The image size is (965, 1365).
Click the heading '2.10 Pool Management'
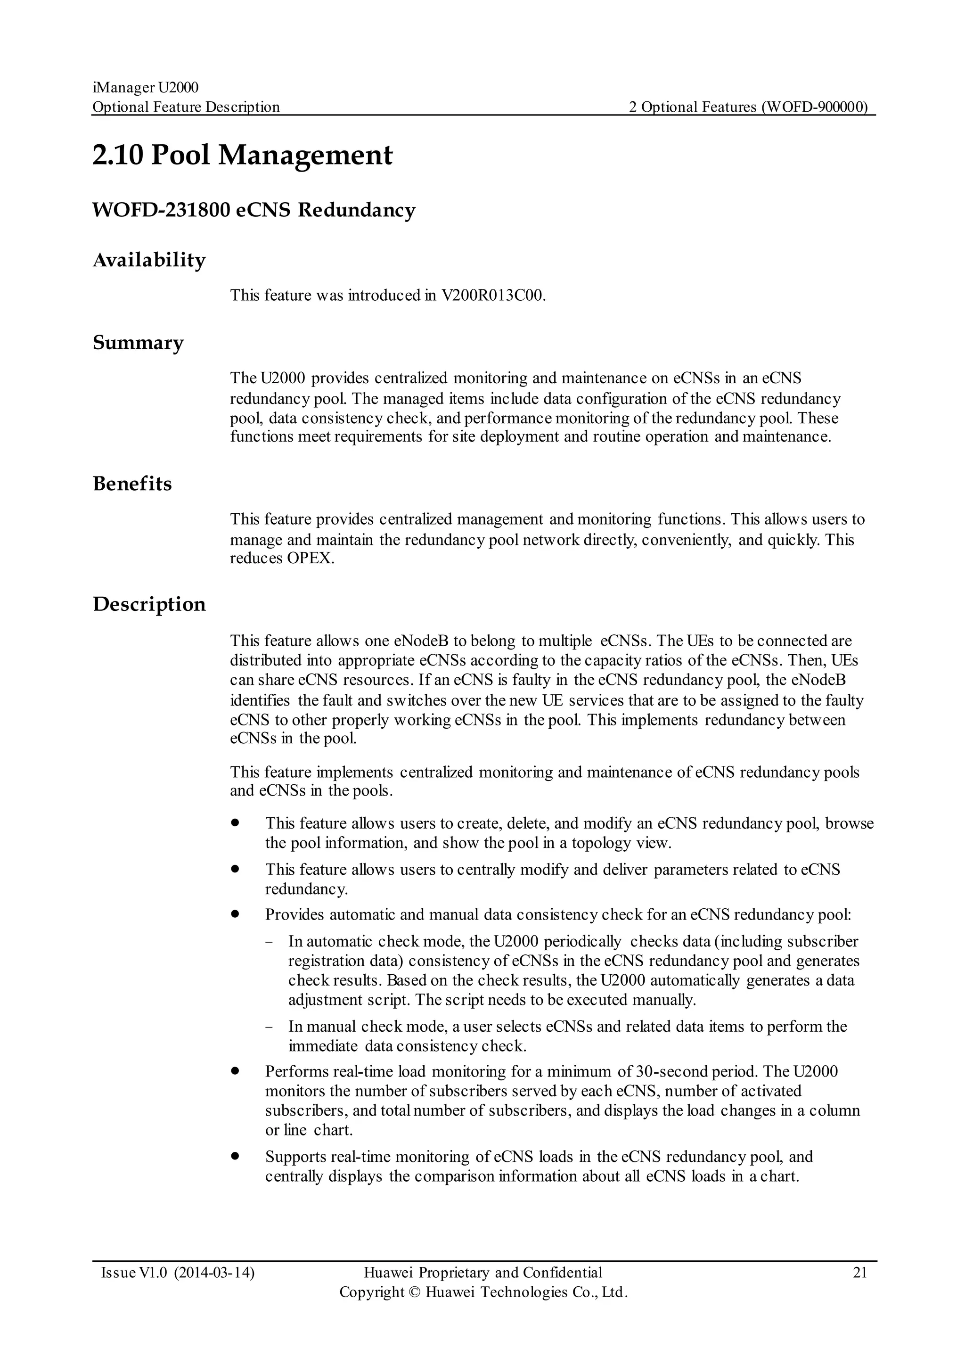243,156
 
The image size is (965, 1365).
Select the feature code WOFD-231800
160,211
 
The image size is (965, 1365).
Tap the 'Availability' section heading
149,260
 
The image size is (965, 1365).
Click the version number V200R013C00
492,296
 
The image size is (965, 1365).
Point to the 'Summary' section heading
138,343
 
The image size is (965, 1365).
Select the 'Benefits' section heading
132,484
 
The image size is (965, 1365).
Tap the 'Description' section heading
149,605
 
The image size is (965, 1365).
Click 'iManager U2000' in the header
146,88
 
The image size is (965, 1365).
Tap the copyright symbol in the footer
414,1292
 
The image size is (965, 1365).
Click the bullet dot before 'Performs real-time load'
235,1071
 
